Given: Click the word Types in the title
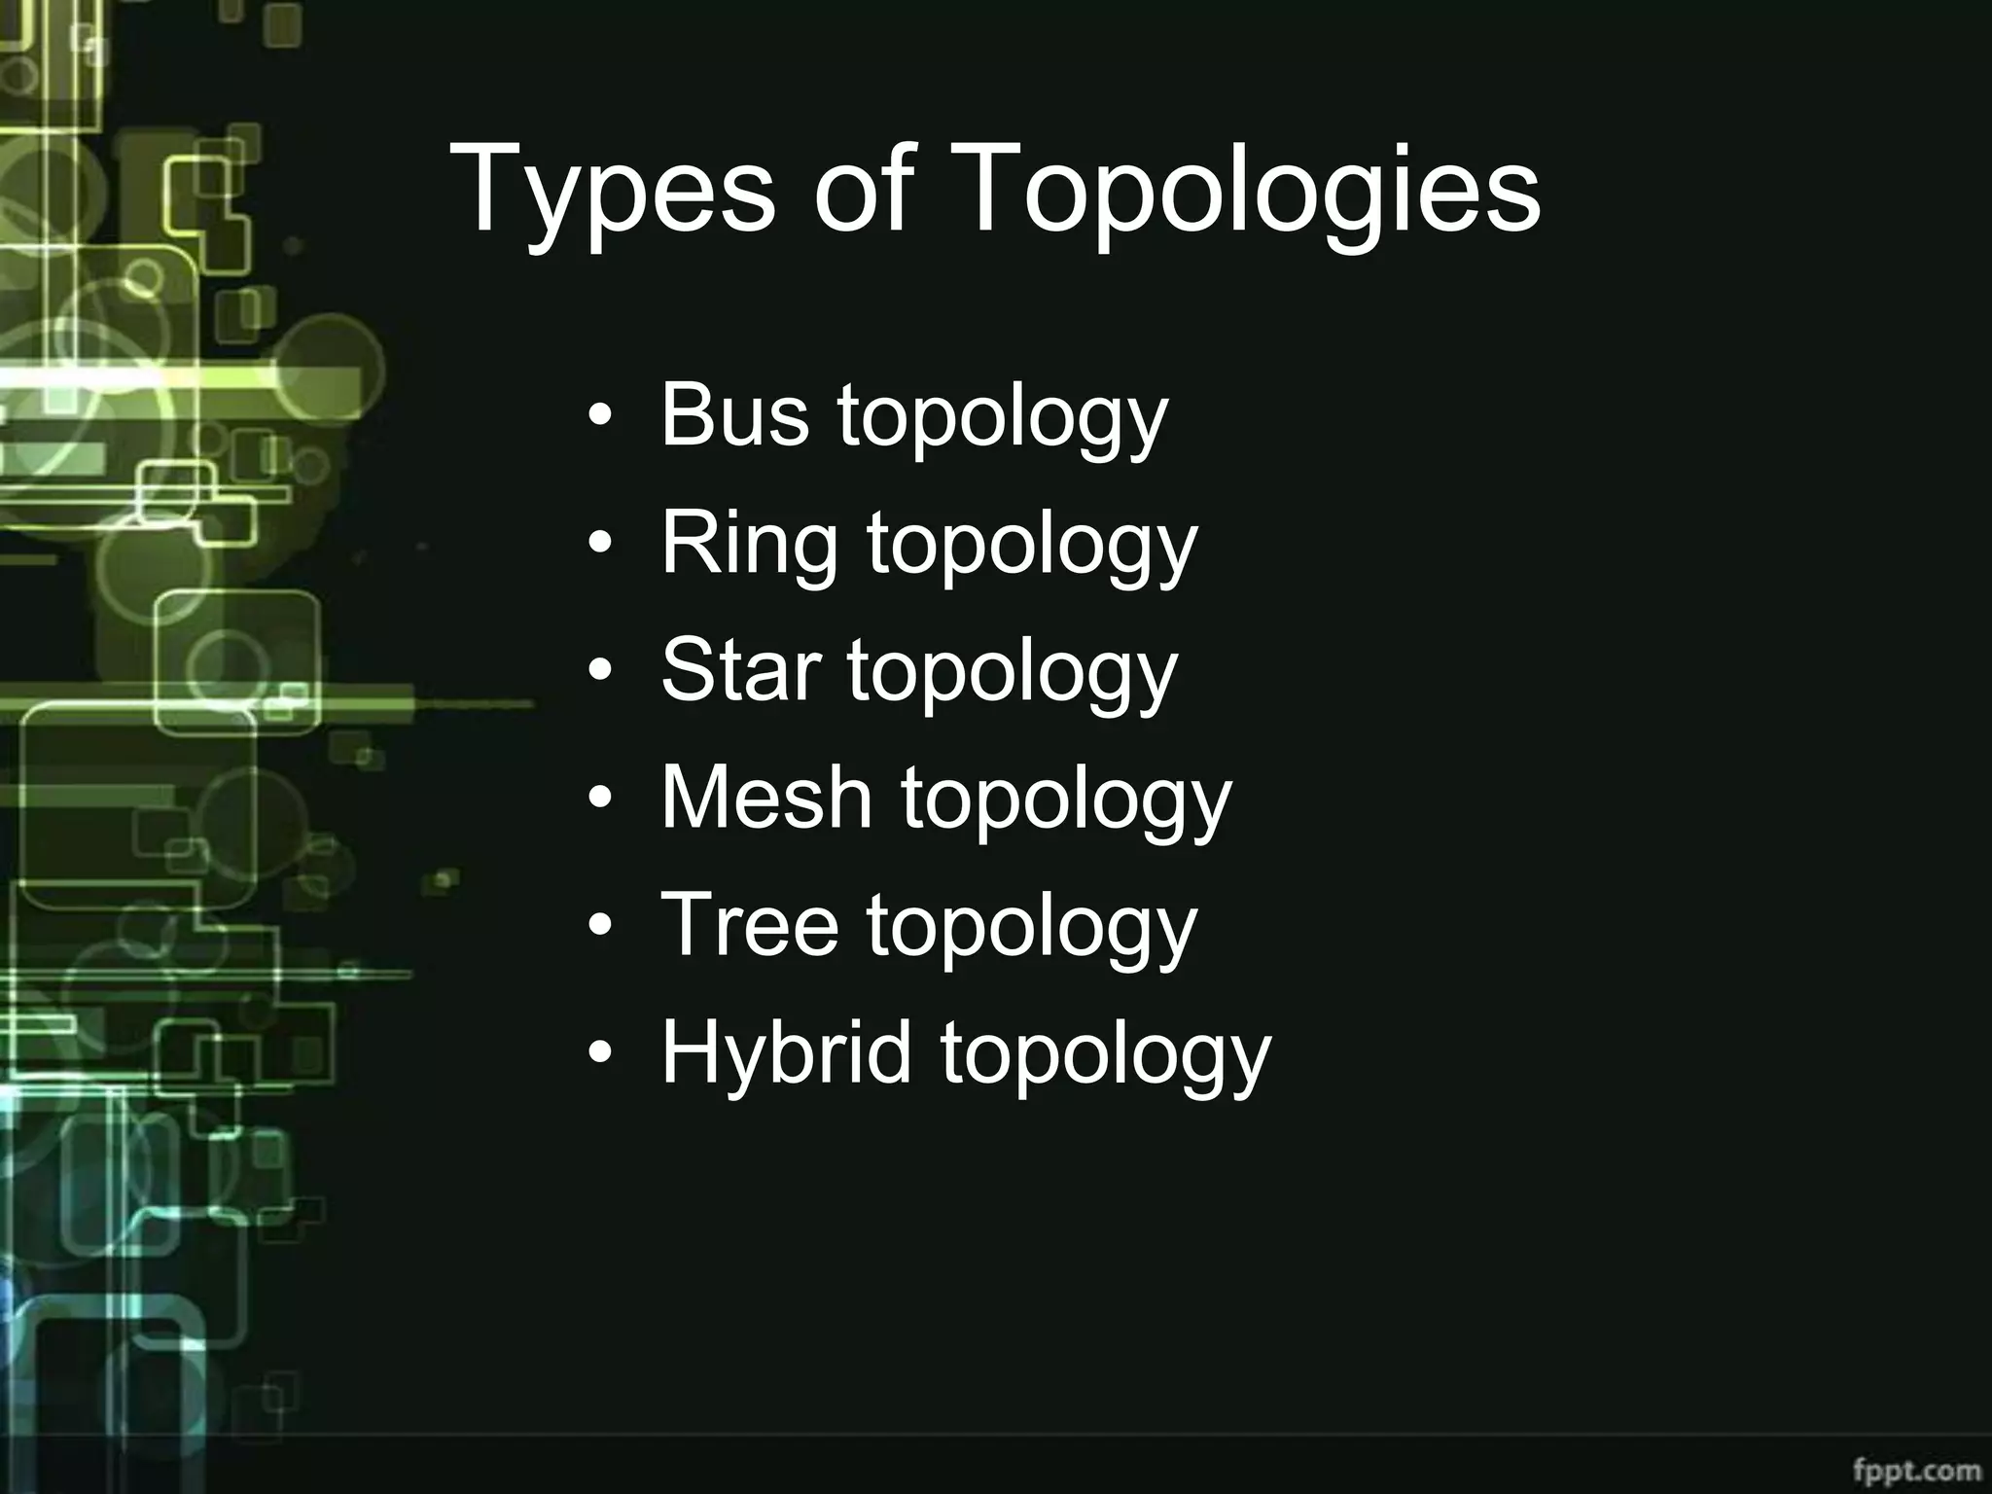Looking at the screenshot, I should [612, 190].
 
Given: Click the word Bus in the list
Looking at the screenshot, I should [734, 415].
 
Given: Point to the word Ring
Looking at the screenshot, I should [749, 546].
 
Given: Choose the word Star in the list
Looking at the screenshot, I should [739, 670].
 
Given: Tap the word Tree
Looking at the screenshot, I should [749, 925].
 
